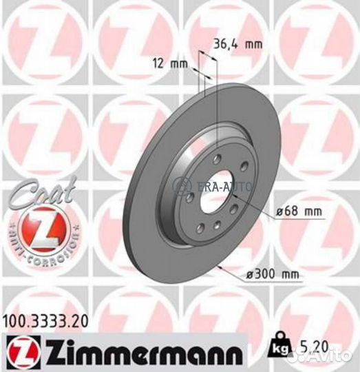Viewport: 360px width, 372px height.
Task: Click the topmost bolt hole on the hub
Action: tap(218, 158)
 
